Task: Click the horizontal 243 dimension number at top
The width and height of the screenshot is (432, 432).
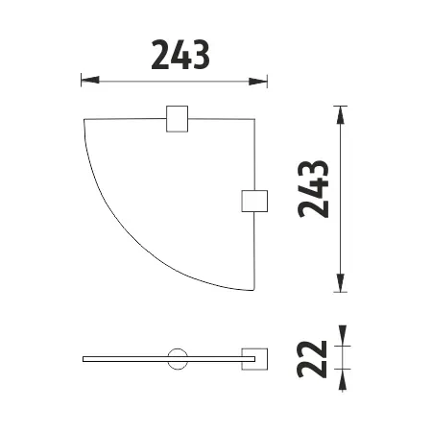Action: (x=180, y=55)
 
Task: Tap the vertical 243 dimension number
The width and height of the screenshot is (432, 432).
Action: (x=313, y=189)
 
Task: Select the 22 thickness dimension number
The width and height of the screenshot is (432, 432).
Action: (x=312, y=359)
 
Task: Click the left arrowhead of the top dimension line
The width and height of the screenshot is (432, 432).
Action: (x=90, y=80)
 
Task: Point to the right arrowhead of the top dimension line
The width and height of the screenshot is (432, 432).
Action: (x=258, y=82)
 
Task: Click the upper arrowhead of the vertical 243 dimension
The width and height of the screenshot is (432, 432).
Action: (x=341, y=115)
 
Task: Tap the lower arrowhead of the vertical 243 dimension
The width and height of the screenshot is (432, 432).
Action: (x=341, y=283)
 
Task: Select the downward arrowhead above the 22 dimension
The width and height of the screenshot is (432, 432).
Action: (x=343, y=336)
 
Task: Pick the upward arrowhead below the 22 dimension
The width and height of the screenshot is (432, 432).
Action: (x=343, y=379)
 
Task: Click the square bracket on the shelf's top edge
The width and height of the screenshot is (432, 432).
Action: (x=177, y=119)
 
